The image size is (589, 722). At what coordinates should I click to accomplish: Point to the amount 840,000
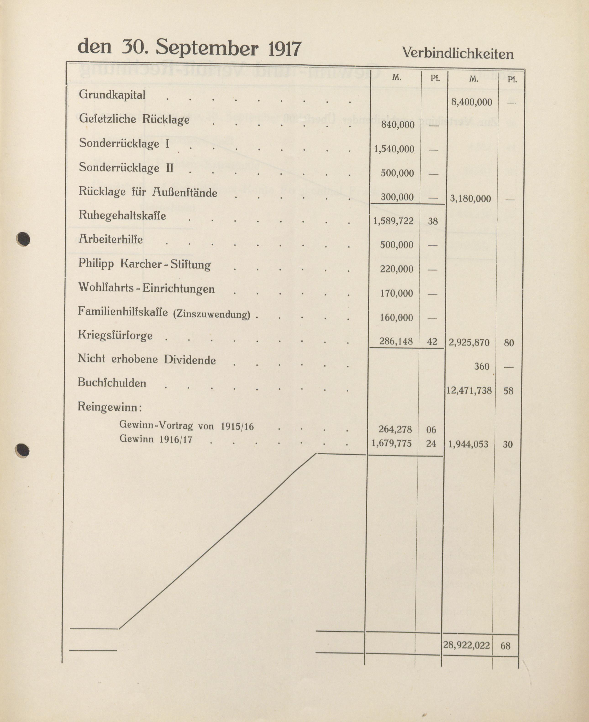(398, 125)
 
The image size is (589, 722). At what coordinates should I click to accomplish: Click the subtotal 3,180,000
(470, 198)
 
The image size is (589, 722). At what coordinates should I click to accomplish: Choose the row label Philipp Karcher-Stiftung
(144, 264)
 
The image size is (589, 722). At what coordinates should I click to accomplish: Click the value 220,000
(396, 269)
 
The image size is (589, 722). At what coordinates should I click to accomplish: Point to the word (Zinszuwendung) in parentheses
(211, 314)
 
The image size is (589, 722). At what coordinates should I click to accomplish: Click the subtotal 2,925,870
(469, 342)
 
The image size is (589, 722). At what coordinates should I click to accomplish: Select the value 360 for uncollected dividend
(481, 366)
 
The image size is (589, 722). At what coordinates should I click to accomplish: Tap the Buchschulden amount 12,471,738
(469, 390)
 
